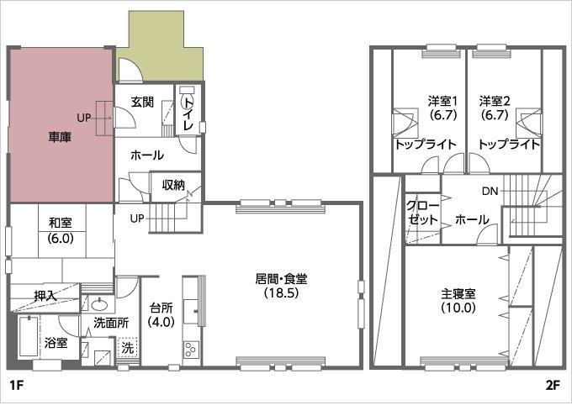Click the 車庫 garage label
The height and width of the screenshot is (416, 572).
click(59, 136)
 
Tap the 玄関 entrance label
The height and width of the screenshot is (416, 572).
click(142, 103)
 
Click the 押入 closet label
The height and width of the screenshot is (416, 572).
click(45, 296)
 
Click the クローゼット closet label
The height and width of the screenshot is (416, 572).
click(422, 213)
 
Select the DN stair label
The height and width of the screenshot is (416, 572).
click(490, 192)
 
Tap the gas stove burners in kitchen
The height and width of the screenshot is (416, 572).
click(190, 349)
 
